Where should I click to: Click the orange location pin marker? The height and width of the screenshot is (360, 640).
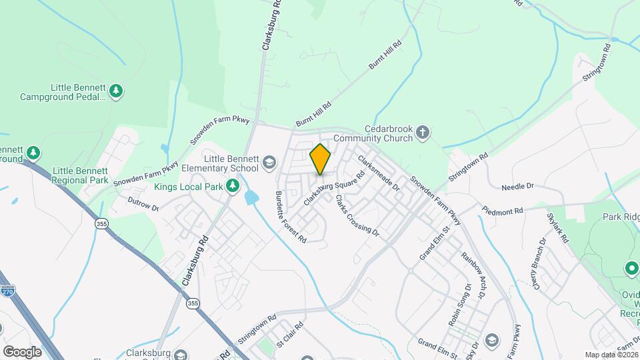pos(321,159)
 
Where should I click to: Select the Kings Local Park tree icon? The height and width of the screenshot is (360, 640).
pos(233,186)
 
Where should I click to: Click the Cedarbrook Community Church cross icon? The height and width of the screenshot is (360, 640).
pos(422,133)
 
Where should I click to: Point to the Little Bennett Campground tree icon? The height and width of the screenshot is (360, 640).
pos(117,91)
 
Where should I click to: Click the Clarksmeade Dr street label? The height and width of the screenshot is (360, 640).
pos(378,173)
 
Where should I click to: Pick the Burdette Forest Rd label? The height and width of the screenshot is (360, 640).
pos(290,217)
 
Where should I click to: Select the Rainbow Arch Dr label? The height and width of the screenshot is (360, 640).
pos(474,273)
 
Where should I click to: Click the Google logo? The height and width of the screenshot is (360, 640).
pos(22,351)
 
